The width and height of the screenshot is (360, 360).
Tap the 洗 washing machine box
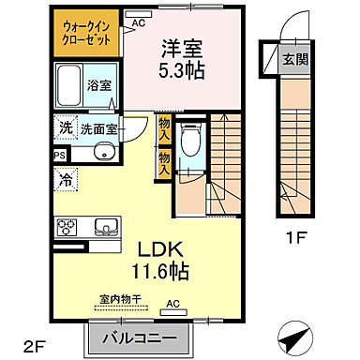[66, 127]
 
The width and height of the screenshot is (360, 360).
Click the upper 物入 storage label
[164, 126]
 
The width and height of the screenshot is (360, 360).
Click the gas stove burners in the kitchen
[68, 226]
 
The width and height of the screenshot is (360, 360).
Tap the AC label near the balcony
[173, 303]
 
